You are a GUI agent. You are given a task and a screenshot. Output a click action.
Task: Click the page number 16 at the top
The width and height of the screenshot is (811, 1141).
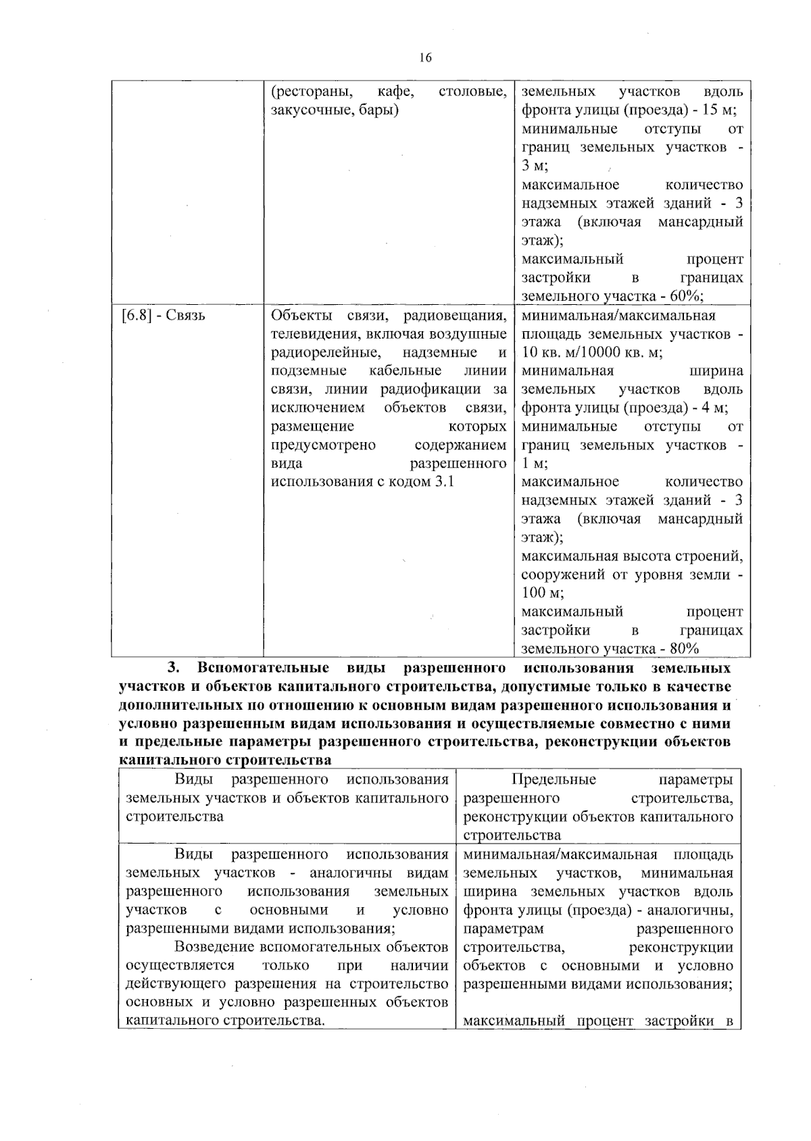pyautogui.click(x=425, y=57)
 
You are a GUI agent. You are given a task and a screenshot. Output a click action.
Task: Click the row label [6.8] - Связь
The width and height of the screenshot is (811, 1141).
pyautogui.click(x=163, y=316)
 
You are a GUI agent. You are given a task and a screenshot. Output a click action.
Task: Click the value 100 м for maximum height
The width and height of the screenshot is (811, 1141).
pyautogui.click(x=543, y=593)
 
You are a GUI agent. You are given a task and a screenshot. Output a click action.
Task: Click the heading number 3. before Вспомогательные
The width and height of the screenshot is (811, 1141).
pyautogui.click(x=174, y=668)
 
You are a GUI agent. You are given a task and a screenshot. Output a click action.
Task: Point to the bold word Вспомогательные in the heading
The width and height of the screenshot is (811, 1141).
pyautogui.click(x=264, y=668)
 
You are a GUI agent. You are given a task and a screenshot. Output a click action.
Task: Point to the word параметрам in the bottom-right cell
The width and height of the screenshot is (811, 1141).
pyautogui.click(x=503, y=928)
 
